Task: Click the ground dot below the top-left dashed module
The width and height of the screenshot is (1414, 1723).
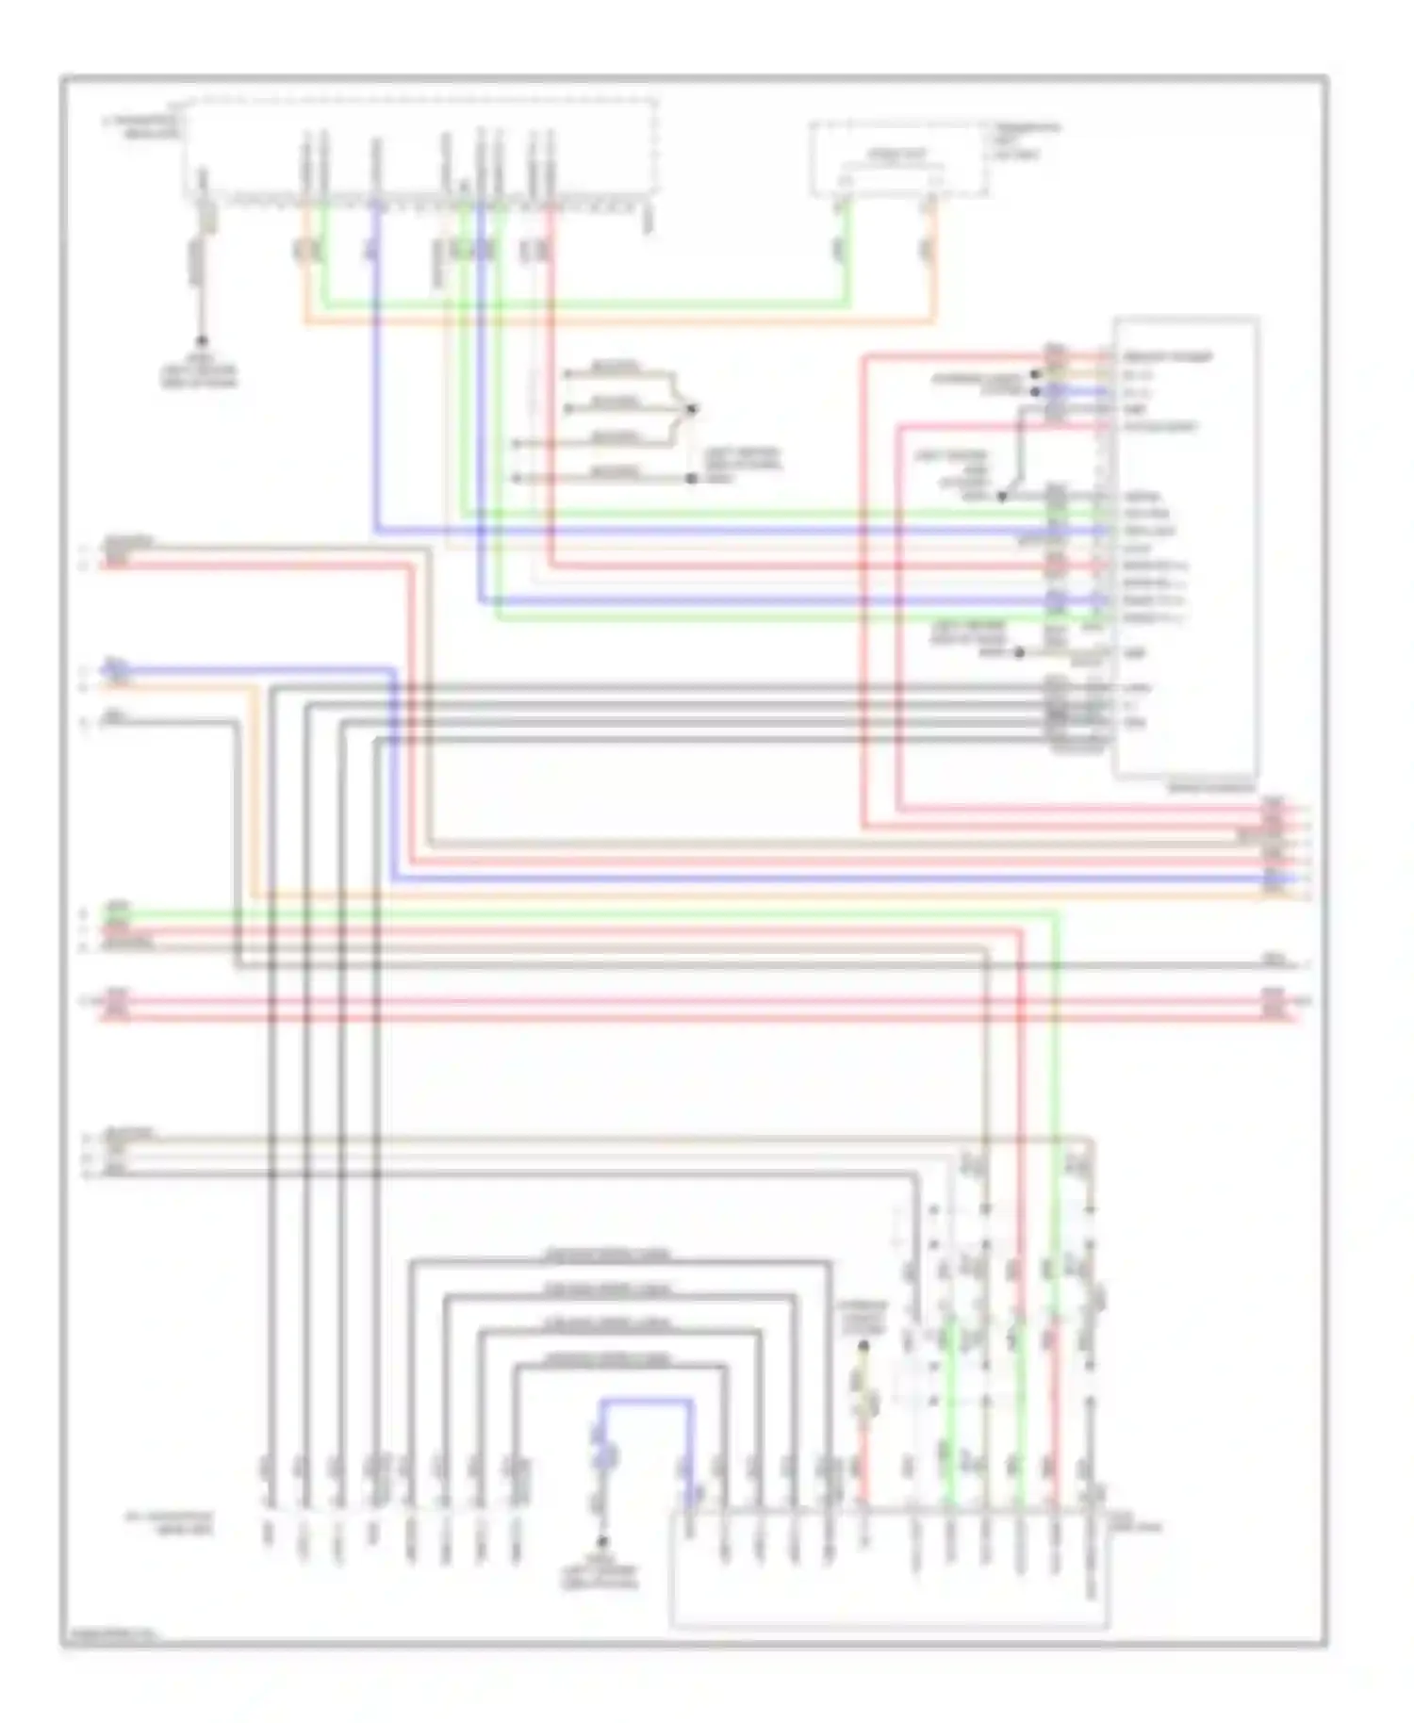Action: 201,342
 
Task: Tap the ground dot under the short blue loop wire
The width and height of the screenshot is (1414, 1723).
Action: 601,1542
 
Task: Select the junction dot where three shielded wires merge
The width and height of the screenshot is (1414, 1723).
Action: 692,409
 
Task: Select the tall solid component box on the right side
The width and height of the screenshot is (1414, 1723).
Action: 1186,547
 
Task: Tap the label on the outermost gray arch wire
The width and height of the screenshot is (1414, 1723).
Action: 608,1255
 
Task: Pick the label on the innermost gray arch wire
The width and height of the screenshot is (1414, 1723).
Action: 608,1359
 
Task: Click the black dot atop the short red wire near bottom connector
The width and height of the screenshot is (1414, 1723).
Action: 863,1348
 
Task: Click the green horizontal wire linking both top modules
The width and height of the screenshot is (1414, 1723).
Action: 584,304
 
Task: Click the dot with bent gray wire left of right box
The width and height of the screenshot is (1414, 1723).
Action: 1003,496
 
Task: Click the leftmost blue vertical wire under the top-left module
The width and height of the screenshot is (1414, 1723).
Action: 376,377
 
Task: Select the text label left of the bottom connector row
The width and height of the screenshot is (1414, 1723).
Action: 170,1523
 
